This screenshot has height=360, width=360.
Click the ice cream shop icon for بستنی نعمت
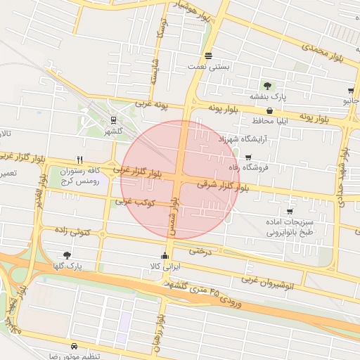pyautogui.click(x=207, y=56)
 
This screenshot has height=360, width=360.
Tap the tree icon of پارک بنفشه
pyautogui.click(x=266, y=85)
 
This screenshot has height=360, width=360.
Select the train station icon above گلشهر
pyautogui.click(x=114, y=119)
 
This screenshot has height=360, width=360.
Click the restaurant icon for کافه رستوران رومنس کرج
pyautogui.click(x=79, y=160)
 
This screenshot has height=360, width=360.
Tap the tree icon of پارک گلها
pyautogui.click(x=67, y=255)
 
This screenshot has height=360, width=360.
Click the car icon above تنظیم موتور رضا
pyautogui.click(x=75, y=347)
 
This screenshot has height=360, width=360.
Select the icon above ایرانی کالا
pyautogui.click(x=165, y=255)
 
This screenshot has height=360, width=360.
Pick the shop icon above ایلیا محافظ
pyautogui.click(x=269, y=110)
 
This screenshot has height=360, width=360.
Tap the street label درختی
pyautogui.click(x=200, y=250)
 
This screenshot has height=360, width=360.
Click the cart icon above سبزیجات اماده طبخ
pyautogui.click(x=289, y=212)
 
